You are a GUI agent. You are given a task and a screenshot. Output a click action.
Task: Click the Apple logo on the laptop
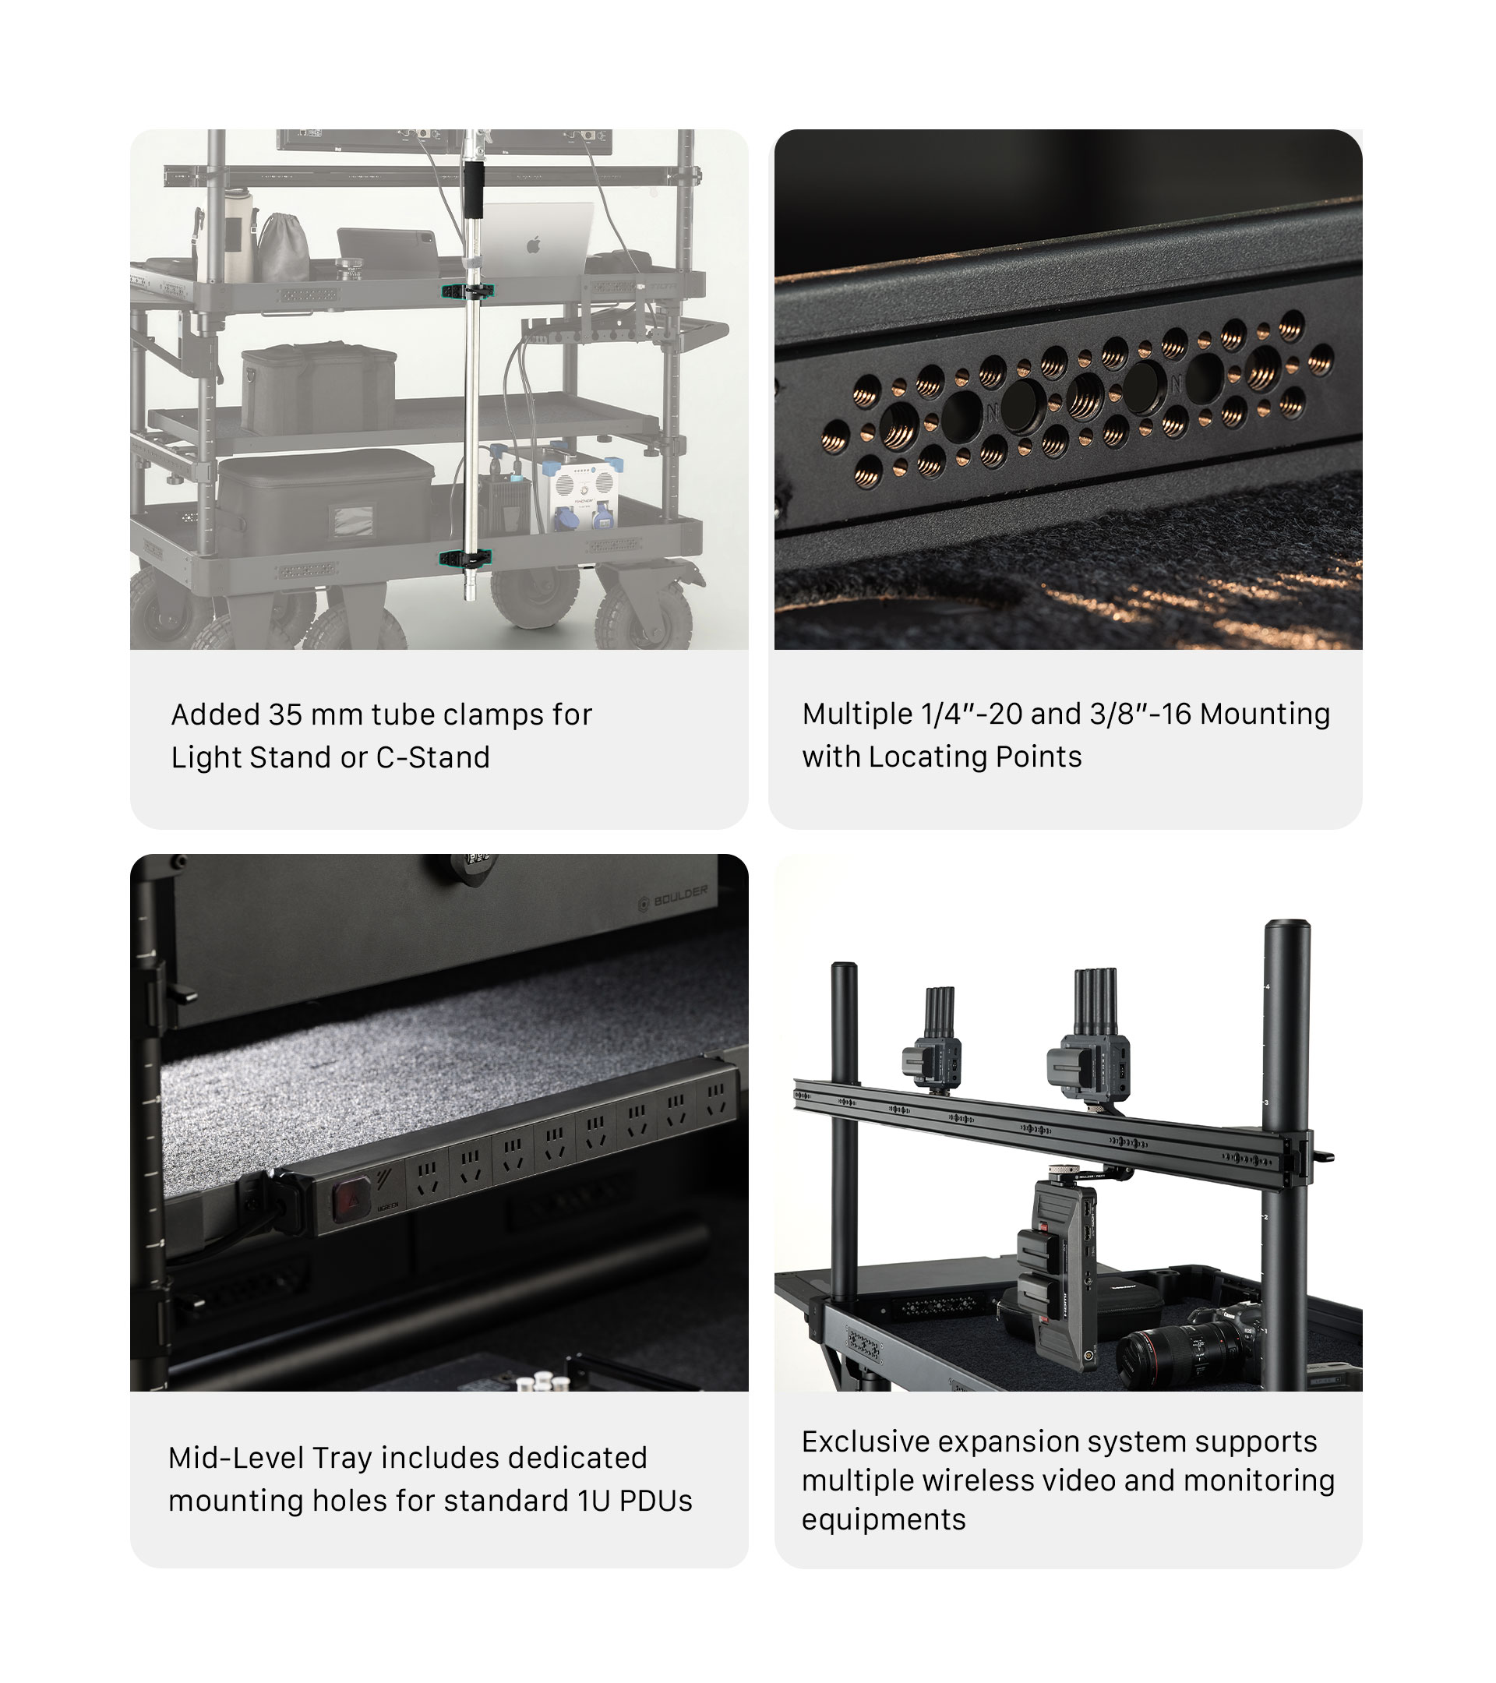tap(534, 244)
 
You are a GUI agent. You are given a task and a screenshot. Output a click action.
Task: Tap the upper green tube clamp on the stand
tap(467, 291)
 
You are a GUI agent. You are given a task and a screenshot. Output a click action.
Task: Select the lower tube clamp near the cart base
tap(465, 557)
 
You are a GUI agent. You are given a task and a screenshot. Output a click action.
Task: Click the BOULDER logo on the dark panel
tap(673, 899)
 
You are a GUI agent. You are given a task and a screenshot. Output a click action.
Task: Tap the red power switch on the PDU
tap(348, 1200)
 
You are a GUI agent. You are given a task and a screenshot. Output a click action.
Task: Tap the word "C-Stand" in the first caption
tap(433, 757)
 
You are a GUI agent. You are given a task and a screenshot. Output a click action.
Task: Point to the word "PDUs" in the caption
tap(655, 1501)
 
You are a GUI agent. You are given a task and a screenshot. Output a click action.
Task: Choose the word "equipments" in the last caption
tap(884, 1521)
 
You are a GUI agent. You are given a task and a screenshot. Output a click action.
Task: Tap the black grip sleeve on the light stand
tap(474, 189)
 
